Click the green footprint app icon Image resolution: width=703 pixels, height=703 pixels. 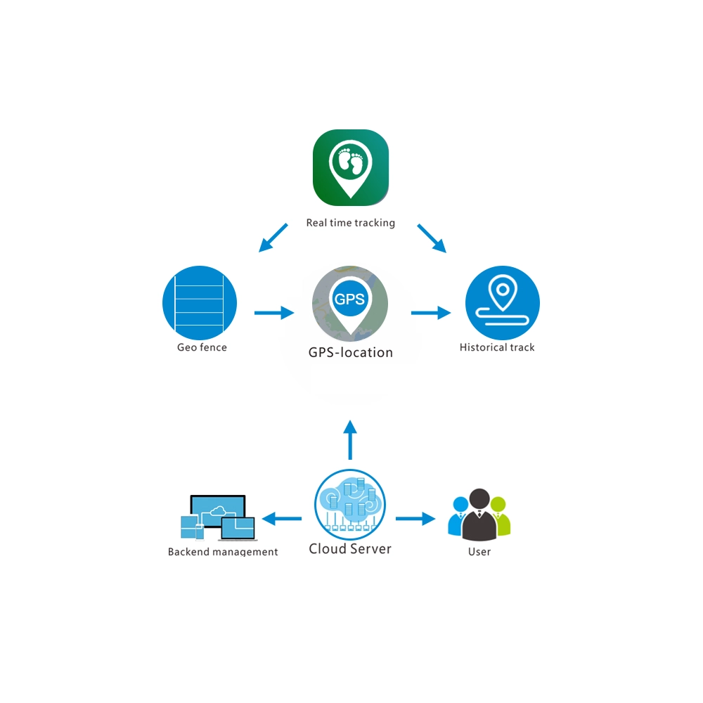point(351,168)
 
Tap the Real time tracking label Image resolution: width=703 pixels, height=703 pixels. point(351,223)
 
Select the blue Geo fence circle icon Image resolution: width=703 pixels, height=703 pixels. point(200,303)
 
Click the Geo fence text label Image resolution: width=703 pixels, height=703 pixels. point(202,347)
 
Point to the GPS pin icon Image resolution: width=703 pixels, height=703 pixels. point(350,304)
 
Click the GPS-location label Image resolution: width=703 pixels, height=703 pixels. point(351,352)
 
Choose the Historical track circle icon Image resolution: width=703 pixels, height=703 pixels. point(503,303)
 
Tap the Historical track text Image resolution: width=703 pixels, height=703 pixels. point(497,347)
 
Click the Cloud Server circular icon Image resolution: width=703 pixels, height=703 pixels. point(350,504)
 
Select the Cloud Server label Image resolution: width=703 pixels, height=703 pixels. point(350,549)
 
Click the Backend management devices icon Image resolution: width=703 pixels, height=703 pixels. point(218,518)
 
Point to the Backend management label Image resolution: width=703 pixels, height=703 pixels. point(223,552)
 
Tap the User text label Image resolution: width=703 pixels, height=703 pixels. point(479,552)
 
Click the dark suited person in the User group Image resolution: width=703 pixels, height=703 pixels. point(479,515)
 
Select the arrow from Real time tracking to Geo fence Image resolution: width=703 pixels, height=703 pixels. point(273,238)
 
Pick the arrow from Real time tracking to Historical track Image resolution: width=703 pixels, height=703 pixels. point(432,238)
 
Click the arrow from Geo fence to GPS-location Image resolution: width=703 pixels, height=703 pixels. point(274,313)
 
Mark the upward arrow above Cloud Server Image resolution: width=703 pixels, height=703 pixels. point(350,440)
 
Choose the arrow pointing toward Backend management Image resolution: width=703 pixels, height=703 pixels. point(282,519)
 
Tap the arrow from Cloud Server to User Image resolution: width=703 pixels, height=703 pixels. point(415,519)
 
